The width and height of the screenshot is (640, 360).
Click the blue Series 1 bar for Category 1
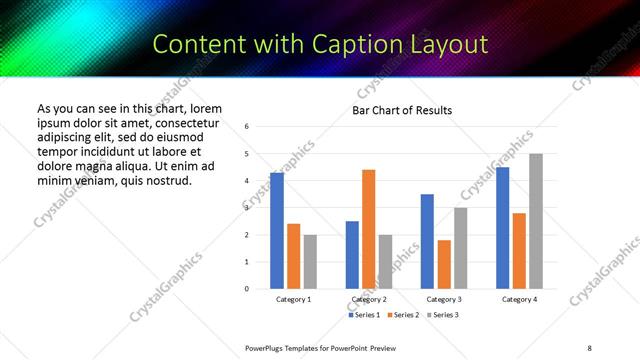(x=277, y=231)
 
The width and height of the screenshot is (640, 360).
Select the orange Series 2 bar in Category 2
(x=368, y=229)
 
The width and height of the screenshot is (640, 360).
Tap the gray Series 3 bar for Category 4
(x=535, y=221)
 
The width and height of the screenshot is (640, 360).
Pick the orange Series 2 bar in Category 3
(x=444, y=264)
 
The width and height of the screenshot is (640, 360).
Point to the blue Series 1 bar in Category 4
(x=502, y=228)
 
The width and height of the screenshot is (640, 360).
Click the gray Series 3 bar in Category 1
(x=310, y=262)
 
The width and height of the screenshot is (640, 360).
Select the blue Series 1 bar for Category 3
(x=427, y=241)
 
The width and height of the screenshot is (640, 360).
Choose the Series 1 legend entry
(x=363, y=315)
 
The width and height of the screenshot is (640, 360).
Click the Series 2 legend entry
(x=401, y=315)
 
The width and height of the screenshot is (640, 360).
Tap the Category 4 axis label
(x=519, y=299)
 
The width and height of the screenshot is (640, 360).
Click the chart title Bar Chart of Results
(x=401, y=110)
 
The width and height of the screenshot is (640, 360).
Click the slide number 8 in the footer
(x=589, y=347)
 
